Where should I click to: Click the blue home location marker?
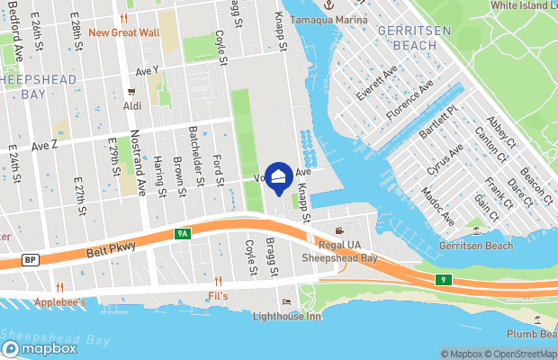pyautogui.click(x=279, y=178)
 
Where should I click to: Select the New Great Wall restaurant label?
pyautogui.click(x=124, y=32)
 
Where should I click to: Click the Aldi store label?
pyautogui.click(x=132, y=105)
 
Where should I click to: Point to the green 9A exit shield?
pyautogui.click(x=183, y=234)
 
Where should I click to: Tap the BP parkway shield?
pyautogui.click(x=30, y=260)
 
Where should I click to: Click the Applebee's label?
pyautogui.click(x=60, y=302)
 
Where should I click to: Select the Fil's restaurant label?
pyautogui.click(x=218, y=296)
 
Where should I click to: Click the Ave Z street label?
pyautogui.click(x=44, y=145)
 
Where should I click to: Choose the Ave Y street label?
pyautogui.click(x=147, y=70)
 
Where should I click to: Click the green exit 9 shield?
pyautogui.click(x=444, y=280)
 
